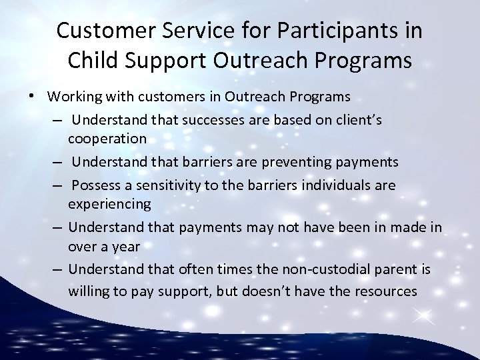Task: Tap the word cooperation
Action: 107,139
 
